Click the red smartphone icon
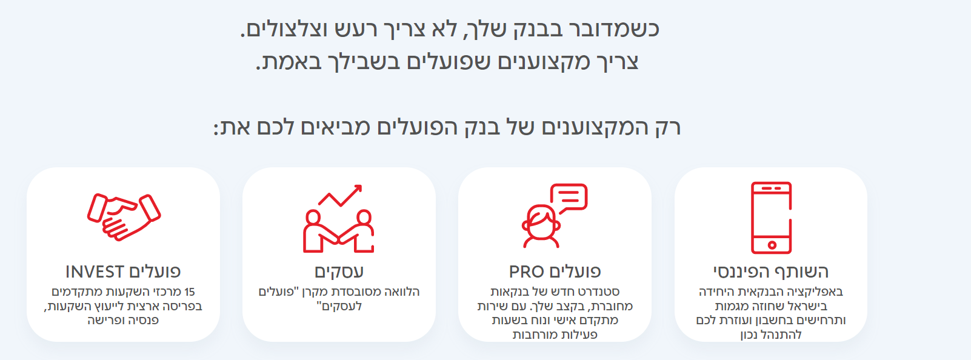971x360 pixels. (771, 218)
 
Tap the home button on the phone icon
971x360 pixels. (772, 245)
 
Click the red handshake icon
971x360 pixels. (124, 216)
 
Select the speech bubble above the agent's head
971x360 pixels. (569, 198)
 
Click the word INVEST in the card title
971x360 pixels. (95, 272)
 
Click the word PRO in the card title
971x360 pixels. (526, 272)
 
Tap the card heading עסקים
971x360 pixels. (339, 272)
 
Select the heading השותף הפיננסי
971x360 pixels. (771, 272)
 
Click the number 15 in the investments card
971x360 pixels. (190, 292)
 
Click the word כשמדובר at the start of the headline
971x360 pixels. (611, 29)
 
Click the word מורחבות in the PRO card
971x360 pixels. (533, 335)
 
